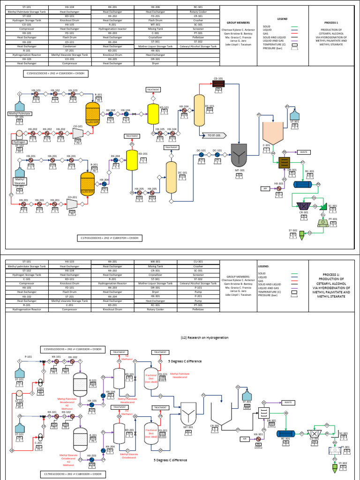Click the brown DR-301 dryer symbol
(x=283, y=163)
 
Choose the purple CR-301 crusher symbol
(x=303, y=205)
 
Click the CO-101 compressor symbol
(x=78, y=134)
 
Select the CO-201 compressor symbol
(x=72, y=204)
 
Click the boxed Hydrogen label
(x=19, y=141)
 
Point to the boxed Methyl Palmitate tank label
(x=20, y=113)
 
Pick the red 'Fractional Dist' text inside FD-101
(x=152, y=375)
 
